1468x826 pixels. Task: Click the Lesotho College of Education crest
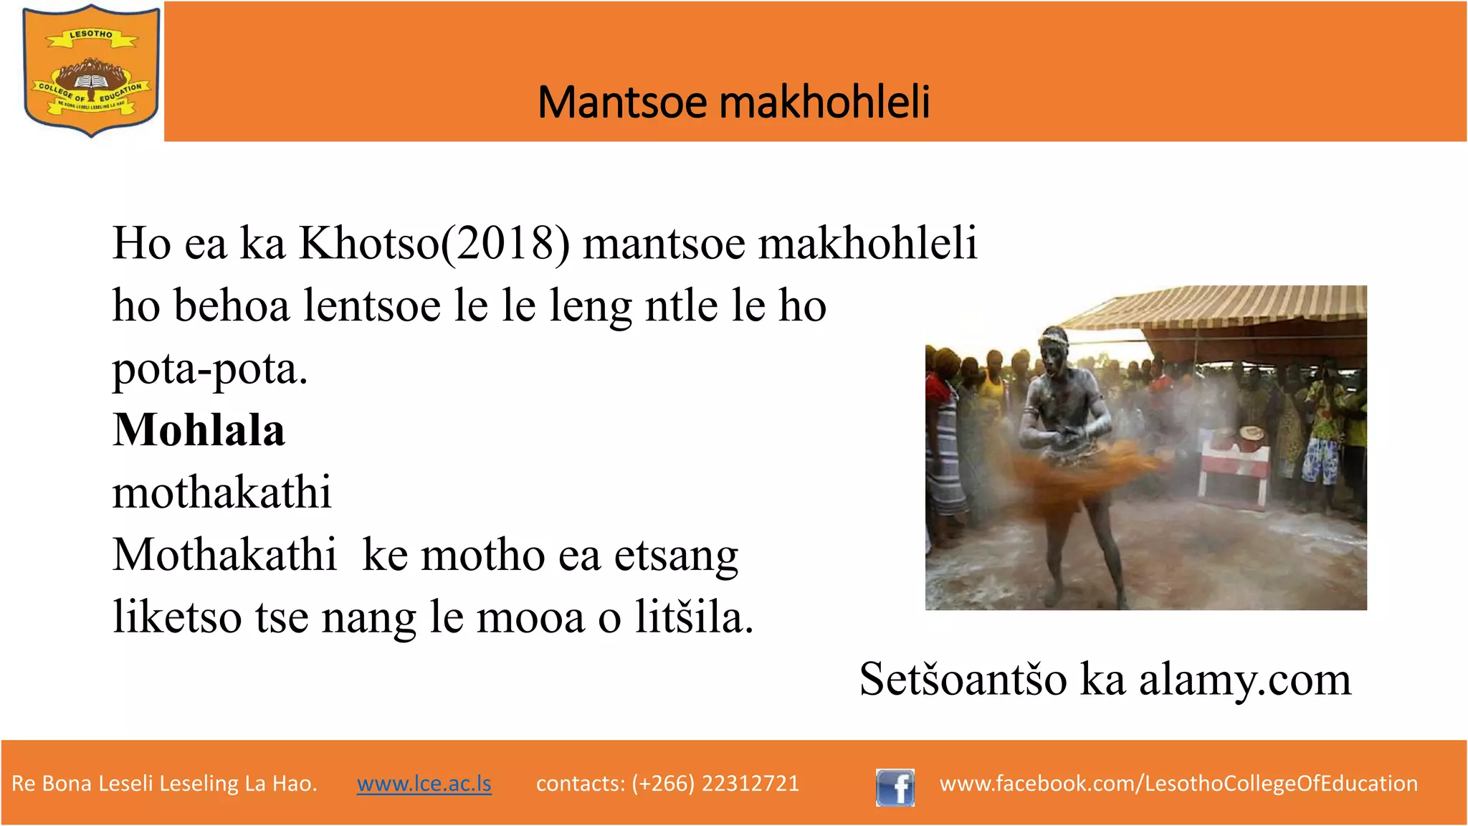tap(91, 70)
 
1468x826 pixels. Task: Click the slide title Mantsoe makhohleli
tap(733, 102)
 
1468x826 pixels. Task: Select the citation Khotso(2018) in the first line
tap(434, 244)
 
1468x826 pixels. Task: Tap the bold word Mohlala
tap(199, 430)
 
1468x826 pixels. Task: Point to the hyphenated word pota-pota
tap(209, 370)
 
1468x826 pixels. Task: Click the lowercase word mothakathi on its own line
tap(221, 493)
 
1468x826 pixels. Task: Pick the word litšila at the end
tap(693, 617)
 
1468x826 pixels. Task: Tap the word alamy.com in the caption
tap(1244, 680)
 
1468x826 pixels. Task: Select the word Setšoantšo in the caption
tap(963, 680)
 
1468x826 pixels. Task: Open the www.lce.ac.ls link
tap(424, 784)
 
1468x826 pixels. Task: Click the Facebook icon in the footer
tap(895, 787)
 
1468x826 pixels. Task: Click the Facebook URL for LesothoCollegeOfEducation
tap(1178, 784)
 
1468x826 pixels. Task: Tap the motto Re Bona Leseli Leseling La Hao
tap(164, 784)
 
